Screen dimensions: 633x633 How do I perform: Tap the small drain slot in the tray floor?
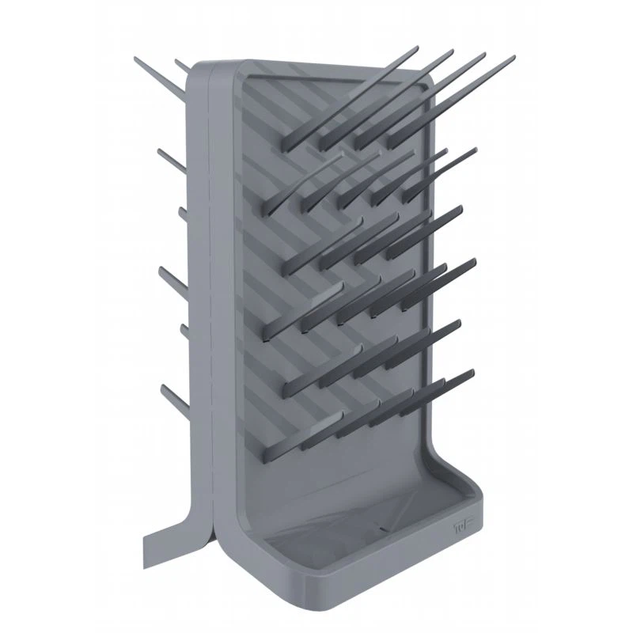click(385, 527)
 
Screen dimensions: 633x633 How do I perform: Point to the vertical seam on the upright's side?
click(207, 316)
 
